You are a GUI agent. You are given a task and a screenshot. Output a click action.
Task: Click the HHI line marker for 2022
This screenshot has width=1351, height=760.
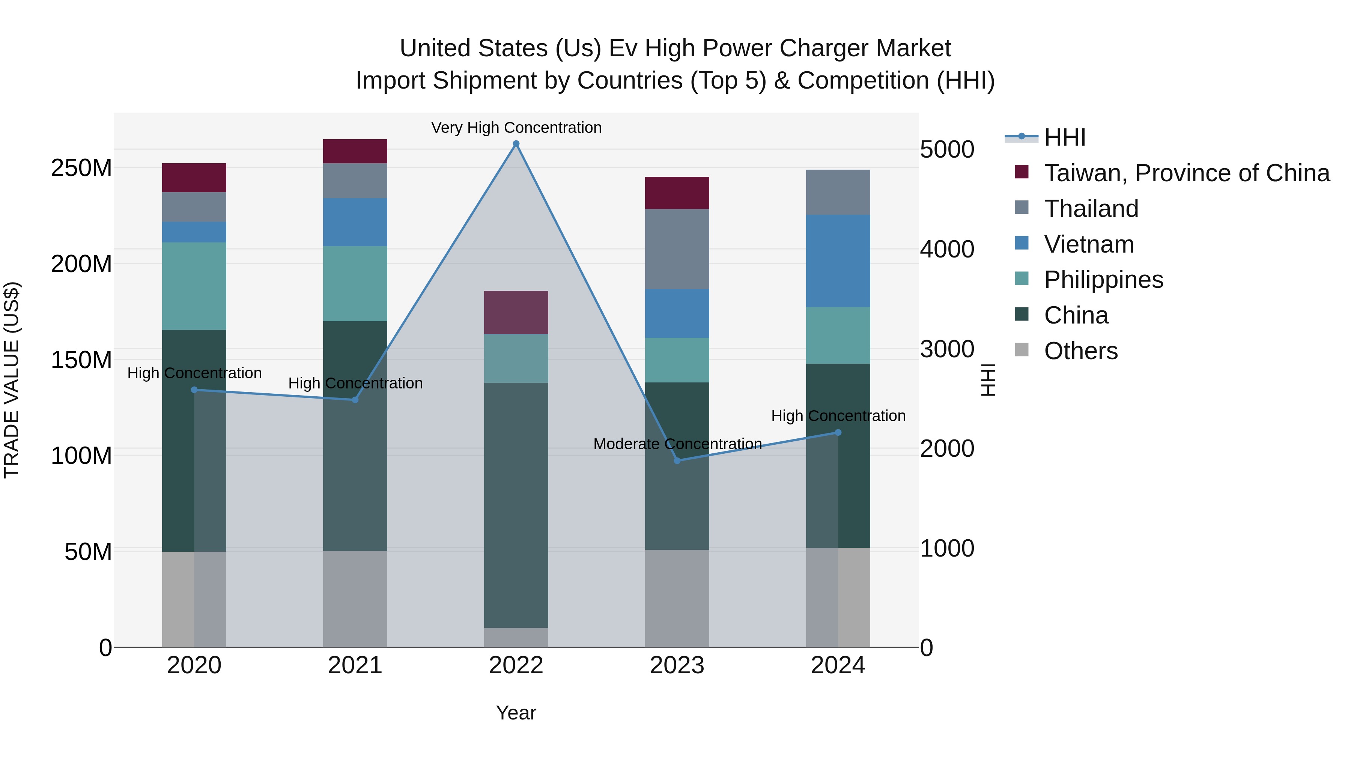(x=516, y=144)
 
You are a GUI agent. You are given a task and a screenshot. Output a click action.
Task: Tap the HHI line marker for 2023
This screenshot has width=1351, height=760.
(x=677, y=461)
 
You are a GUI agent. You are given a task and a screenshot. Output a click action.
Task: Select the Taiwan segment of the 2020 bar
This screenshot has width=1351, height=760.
(x=194, y=178)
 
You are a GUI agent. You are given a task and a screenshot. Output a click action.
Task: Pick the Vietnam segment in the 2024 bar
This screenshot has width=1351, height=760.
(x=838, y=261)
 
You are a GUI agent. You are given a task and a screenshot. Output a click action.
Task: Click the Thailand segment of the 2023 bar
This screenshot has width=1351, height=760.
(x=677, y=249)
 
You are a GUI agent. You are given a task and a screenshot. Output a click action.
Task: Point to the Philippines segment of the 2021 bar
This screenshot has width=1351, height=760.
(x=355, y=284)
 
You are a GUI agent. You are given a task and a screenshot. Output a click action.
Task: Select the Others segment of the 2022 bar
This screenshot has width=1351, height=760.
(x=516, y=637)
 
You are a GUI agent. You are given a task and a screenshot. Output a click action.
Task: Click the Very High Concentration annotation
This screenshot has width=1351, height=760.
(x=516, y=128)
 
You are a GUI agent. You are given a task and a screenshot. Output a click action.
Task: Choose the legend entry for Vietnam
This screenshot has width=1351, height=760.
(x=1089, y=244)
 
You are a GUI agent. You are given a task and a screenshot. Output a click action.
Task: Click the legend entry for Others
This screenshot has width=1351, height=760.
(x=1080, y=351)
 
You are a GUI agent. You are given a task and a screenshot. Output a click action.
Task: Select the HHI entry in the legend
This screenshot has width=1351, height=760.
(x=1065, y=137)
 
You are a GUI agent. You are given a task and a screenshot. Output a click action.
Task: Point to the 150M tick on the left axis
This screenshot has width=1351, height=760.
(x=81, y=360)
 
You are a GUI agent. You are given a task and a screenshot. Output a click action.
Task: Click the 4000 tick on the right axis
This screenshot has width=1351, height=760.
(x=947, y=249)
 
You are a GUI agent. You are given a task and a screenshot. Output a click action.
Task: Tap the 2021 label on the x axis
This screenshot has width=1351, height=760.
(x=355, y=665)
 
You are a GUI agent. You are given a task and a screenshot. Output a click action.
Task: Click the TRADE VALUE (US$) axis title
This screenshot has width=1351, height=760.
(x=12, y=380)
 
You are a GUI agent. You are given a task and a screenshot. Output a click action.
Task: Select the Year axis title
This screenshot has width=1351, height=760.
(x=516, y=713)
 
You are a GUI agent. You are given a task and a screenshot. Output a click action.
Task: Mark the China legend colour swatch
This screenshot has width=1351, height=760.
(x=1022, y=314)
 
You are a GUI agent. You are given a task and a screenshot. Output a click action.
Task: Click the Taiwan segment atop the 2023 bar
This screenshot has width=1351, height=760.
(x=677, y=193)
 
